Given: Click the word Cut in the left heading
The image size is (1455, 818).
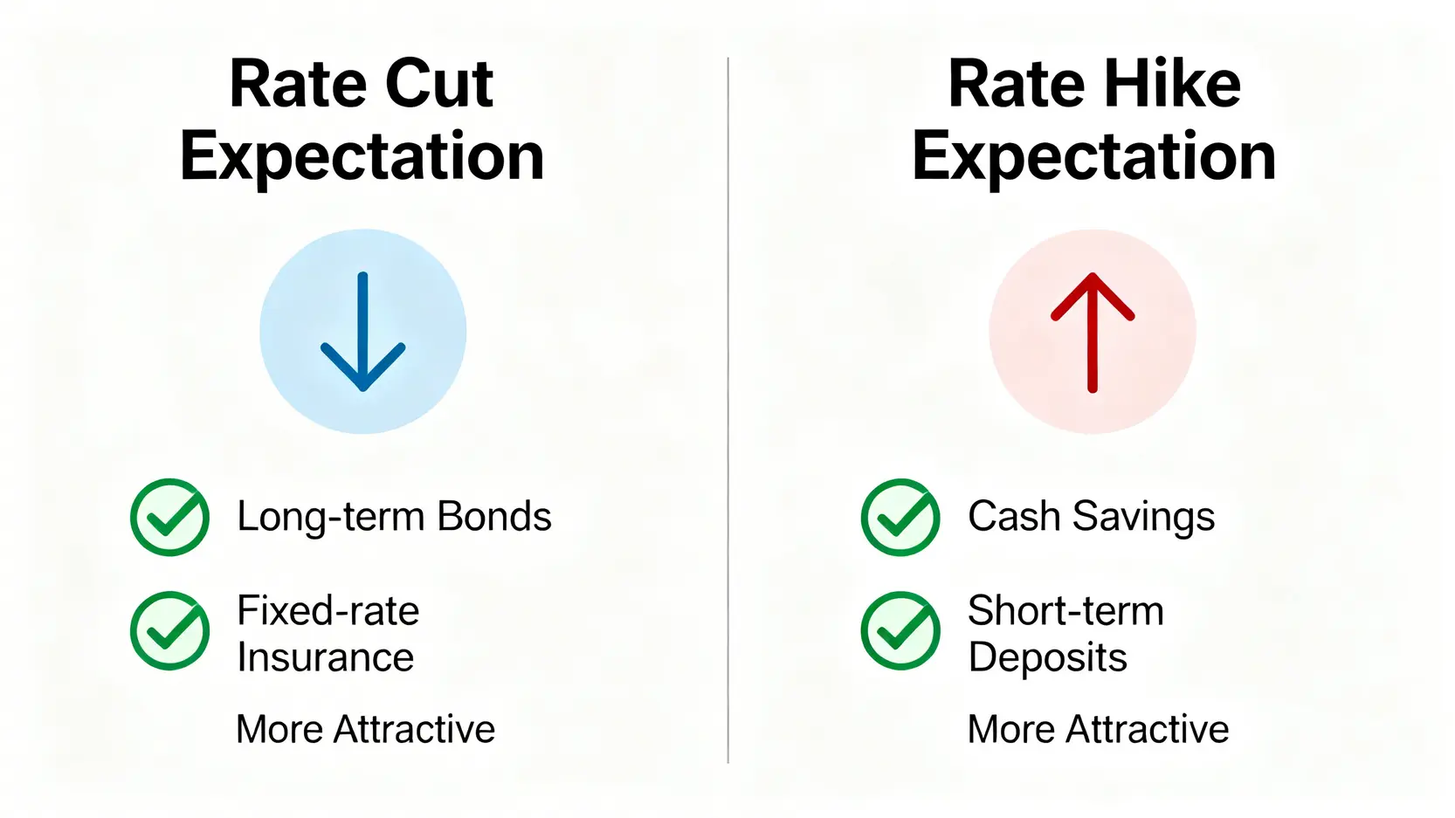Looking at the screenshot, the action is pyautogui.click(x=439, y=85).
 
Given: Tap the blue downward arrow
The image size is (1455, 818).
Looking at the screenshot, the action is pyautogui.click(x=363, y=332).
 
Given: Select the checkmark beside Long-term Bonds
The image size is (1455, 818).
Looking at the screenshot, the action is pyautogui.click(x=169, y=518).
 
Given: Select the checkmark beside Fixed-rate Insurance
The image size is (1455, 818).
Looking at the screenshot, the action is pyautogui.click(x=169, y=630).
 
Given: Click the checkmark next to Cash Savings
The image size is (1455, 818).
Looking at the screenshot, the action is pyautogui.click(x=900, y=518).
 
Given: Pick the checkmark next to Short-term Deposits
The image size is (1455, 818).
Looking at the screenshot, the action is pyautogui.click(x=900, y=630).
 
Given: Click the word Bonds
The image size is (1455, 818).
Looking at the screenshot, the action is pyautogui.click(x=493, y=517).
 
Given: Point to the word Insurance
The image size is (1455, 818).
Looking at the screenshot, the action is pyautogui.click(x=326, y=657).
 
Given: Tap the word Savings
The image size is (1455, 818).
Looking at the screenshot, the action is pyautogui.click(x=1143, y=518).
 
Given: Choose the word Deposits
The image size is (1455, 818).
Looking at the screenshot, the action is pyautogui.click(x=1047, y=658).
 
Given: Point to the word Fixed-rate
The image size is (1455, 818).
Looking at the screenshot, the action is pyautogui.click(x=328, y=611).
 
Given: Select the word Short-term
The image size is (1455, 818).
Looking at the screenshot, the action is pyautogui.click(x=1065, y=611).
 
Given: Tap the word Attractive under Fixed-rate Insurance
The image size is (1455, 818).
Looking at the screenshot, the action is pyautogui.click(x=415, y=729).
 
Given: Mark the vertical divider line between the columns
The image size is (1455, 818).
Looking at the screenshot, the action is pyautogui.click(x=728, y=410).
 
